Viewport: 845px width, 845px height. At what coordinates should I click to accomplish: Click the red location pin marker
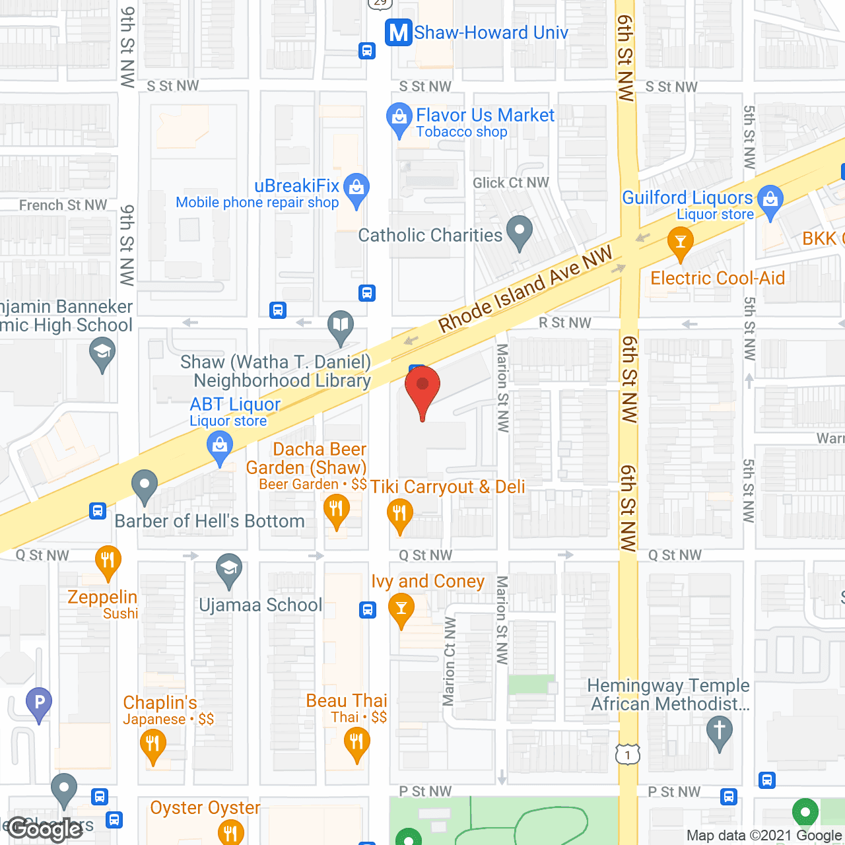click(422, 389)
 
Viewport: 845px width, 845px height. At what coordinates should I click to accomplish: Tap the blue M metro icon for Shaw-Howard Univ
click(399, 32)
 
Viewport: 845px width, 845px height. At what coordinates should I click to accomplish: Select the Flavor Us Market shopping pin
click(399, 119)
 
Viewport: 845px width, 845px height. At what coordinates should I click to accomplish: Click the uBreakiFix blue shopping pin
click(356, 189)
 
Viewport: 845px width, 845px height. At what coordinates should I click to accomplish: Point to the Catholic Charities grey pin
click(519, 232)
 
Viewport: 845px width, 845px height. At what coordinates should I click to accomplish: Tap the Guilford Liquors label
click(687, 198)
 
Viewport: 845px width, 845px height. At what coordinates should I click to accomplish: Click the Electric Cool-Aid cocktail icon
click(680, 242)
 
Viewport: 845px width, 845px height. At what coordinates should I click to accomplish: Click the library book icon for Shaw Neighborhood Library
click(341, 326)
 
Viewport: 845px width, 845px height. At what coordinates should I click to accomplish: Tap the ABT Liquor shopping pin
click(220, 447)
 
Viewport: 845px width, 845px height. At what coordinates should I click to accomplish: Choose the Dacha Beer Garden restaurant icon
click(337, 510)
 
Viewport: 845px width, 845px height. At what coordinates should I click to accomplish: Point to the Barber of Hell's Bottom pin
click(144, 486)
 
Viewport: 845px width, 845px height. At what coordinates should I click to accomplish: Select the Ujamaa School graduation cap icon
click(229, 569)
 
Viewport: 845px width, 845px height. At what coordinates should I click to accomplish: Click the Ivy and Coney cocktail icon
click(401, 608)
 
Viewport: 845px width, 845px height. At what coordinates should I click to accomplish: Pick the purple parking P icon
click(39, 702)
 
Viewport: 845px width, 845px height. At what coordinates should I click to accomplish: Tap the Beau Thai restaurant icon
click(356, 743)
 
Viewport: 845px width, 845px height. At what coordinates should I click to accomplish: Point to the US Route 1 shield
click(627, 754)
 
